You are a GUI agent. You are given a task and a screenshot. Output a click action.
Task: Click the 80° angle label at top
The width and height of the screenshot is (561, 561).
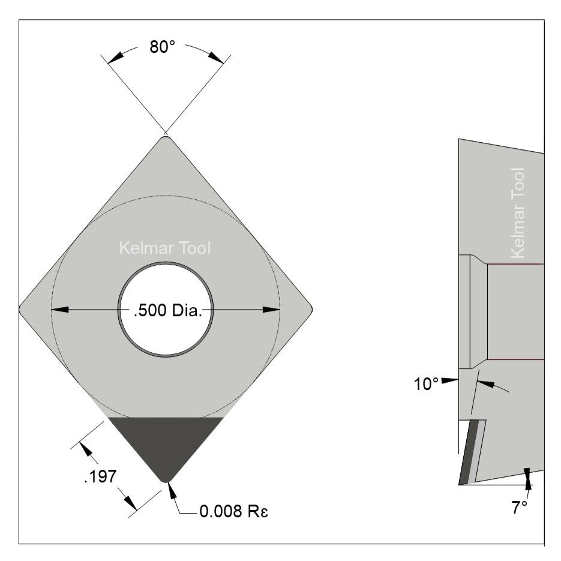tap(162, 47)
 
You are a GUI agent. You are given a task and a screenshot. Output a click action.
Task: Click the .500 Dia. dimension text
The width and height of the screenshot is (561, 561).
tap(166, 311)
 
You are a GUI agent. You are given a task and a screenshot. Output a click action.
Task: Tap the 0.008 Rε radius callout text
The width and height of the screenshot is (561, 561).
tap(231, 512)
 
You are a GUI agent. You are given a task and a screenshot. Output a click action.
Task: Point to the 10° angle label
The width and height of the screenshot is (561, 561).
tap(426, 384)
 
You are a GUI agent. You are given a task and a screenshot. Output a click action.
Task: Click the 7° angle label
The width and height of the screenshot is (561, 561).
tap(520, 507)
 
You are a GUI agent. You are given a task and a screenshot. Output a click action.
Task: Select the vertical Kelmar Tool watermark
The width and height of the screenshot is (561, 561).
tap(518, 213)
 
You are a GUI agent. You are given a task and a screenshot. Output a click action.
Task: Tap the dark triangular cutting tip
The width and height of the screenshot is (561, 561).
tap(166, 444)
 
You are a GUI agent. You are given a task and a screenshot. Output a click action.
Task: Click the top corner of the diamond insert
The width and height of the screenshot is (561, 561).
tap(166, 139)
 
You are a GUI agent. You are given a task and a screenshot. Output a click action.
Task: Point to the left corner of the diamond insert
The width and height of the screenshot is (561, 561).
tap(22, 310)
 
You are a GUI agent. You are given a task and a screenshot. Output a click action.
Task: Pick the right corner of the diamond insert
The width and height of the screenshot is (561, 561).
tap(310, 310)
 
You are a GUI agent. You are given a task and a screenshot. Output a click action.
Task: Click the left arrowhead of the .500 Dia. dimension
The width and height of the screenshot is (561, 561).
tap(60, 310)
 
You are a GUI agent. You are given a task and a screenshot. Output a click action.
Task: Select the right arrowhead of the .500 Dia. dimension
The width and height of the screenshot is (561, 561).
tap(271, 310)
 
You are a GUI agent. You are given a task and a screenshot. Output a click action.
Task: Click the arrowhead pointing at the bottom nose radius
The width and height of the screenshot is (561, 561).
tap(172, 490)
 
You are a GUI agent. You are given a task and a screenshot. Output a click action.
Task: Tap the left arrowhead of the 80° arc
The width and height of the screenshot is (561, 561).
tap(116, 55)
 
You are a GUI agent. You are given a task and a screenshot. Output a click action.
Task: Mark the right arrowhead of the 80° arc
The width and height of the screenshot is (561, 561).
tap(216, 55)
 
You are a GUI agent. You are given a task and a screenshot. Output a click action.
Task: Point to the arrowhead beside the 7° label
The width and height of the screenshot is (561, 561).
tap(527, 475)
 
